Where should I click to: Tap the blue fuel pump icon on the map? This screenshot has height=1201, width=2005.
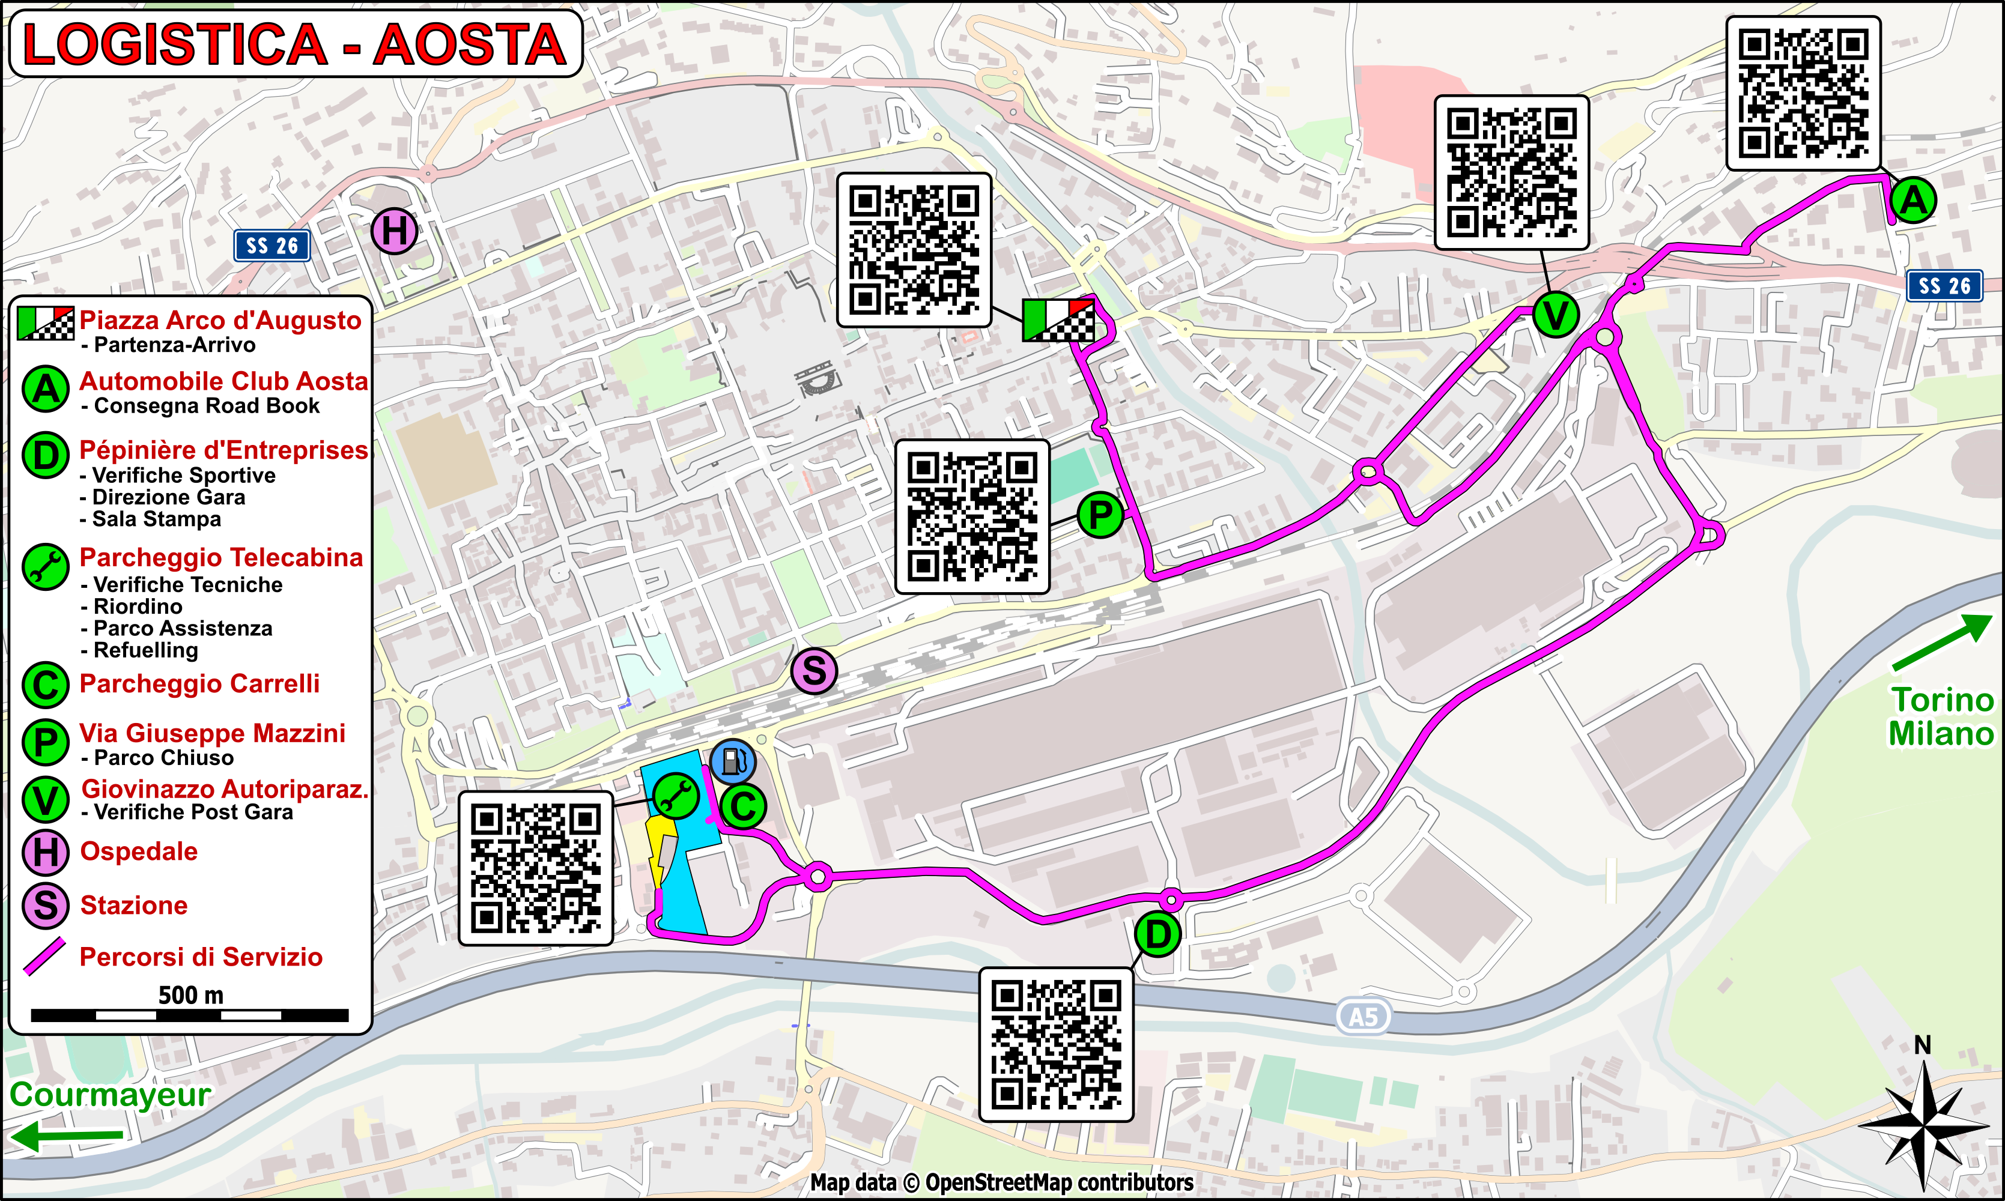coord(733,761)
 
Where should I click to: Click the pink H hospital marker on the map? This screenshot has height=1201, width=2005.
coord(394,231)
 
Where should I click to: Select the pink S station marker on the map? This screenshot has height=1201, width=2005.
coord(813,671)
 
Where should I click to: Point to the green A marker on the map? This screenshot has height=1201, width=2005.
coord(1914,200)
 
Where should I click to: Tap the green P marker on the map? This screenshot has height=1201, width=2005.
coord(1100,515)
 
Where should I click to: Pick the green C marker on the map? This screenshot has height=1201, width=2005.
coord(743,806)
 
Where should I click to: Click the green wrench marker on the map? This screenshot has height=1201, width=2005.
coord(676,796)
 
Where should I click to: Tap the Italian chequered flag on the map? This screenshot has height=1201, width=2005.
coord(1058,319)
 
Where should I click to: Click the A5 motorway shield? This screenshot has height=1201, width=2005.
coord(1363,1017)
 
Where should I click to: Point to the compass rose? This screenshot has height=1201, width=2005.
coord(1923,1125)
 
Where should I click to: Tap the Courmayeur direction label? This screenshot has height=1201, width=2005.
coord(110,1094)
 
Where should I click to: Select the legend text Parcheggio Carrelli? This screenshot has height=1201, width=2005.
coord(199,684)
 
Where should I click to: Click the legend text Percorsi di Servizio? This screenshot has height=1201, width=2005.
coord(201,957)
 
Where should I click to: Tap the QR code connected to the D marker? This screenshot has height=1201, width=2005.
coord(1057,1044)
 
